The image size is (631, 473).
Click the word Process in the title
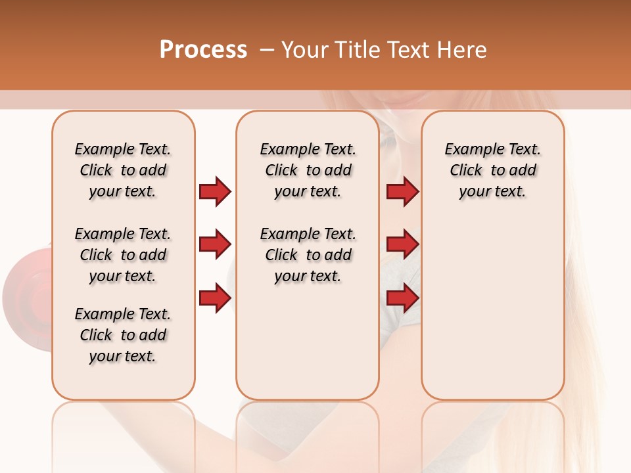pos(203,49)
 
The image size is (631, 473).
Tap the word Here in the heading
pos(463,49)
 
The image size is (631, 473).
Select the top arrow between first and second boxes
pos(215,192)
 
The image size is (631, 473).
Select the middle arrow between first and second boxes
pos(215,245)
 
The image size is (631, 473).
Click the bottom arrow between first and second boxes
pos(215,298)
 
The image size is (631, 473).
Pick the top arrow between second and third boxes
pos(402,192)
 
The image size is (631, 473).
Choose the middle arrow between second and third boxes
pos(402,245)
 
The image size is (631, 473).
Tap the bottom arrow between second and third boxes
pos(402,298)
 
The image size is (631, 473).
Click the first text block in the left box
pos(123,170)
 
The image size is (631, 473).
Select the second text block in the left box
pos(123,255)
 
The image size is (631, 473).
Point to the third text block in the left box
pos(123,335)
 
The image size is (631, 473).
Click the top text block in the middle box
pos(308,170)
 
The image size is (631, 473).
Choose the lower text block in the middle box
pos(308,255)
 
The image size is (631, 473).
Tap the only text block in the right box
pos(492,170)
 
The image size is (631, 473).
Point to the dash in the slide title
pos(267,50)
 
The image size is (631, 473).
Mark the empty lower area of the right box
pos(492,309)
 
